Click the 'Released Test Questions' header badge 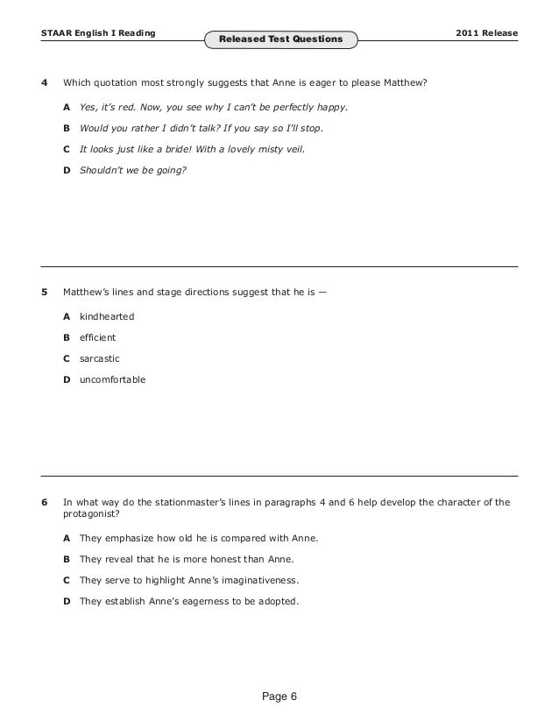point(280,39)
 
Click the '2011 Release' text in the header point(487,33)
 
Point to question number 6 point(45,503)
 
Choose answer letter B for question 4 point(67,127)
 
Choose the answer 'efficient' point(97,336)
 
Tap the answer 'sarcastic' point(99,358)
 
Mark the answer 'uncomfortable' point(113,380)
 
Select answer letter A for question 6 point(67,537)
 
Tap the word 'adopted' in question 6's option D point(279,601)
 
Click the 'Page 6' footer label point(279,696)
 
